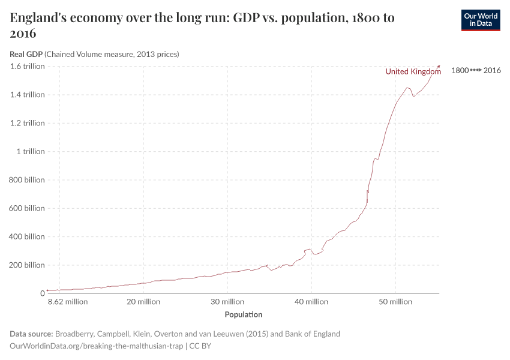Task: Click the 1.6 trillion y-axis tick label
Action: click(x=27, y=66)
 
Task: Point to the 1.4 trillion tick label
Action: click(x=27, y=95)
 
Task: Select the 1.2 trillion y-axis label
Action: click(x=27, y=123)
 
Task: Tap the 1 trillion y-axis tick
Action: click(x=30, y=152)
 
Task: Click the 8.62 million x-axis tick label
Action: click(x=68, y=302)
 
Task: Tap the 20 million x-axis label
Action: click(x=143, y=302)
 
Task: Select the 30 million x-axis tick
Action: click(x=227, y=302)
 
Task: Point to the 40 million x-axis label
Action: click(x=311, y=302)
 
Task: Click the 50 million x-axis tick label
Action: click(x=395, y=302)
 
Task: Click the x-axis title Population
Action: click(x=243, y=314)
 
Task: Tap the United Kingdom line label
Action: click(x=413, y=71)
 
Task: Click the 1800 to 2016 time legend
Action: click(x=475, y=70)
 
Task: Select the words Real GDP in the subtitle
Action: click(x=26, y=54)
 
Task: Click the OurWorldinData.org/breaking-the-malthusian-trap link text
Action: click(x=97, y=346)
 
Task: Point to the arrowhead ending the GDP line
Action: click(x=439, y=66)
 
